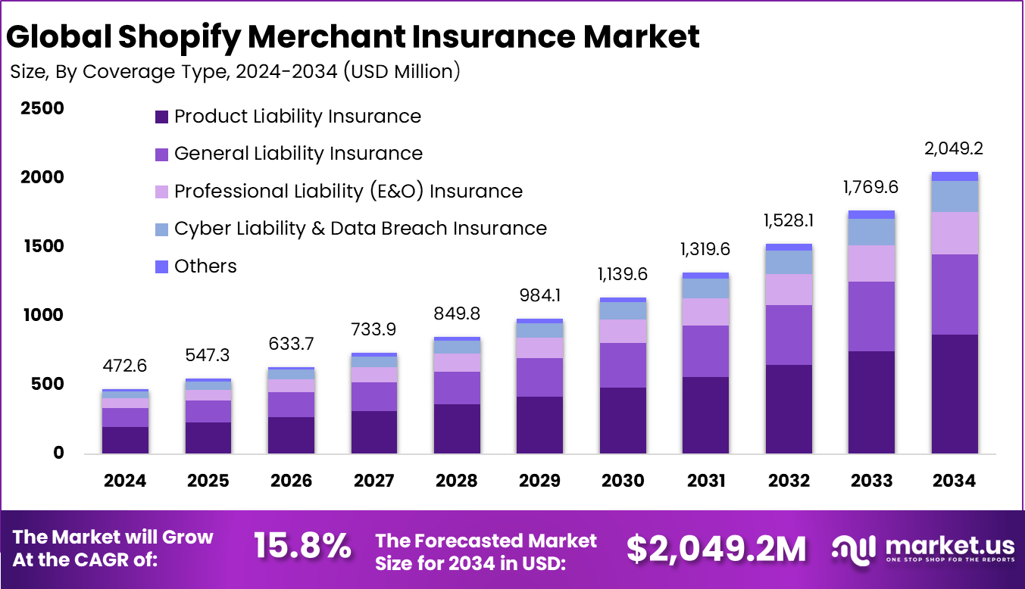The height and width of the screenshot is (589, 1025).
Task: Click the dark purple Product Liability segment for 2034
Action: [x=954, y=394]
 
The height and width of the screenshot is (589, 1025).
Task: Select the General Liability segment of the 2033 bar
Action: [x=871, y=316]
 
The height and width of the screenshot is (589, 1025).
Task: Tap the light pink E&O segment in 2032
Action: [x=788, y=289]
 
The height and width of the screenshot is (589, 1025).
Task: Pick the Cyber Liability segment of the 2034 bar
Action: [x=954, y=196]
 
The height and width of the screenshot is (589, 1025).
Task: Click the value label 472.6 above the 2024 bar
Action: [x=125, y=366]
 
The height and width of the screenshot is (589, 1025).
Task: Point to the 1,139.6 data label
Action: [x=623, y=274]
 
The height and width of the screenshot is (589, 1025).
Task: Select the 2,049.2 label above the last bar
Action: [x=954, y=148]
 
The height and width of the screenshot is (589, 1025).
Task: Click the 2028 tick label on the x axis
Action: [x=457, y=481]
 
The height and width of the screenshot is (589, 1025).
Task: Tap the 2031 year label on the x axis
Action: [x=705, y=481]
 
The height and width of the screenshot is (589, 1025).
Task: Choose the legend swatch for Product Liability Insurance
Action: [x=161, y=117]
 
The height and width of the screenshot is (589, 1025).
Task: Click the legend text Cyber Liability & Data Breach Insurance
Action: [x=360, y=228]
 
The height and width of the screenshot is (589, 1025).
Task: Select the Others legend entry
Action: [x=205, y=266]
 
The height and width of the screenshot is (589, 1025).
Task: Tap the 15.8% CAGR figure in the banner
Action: [x=302, y=547]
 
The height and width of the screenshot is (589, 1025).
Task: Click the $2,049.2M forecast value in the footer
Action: [x=716, y=549]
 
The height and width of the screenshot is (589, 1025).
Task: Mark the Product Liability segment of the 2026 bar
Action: [x=291, y=435]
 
